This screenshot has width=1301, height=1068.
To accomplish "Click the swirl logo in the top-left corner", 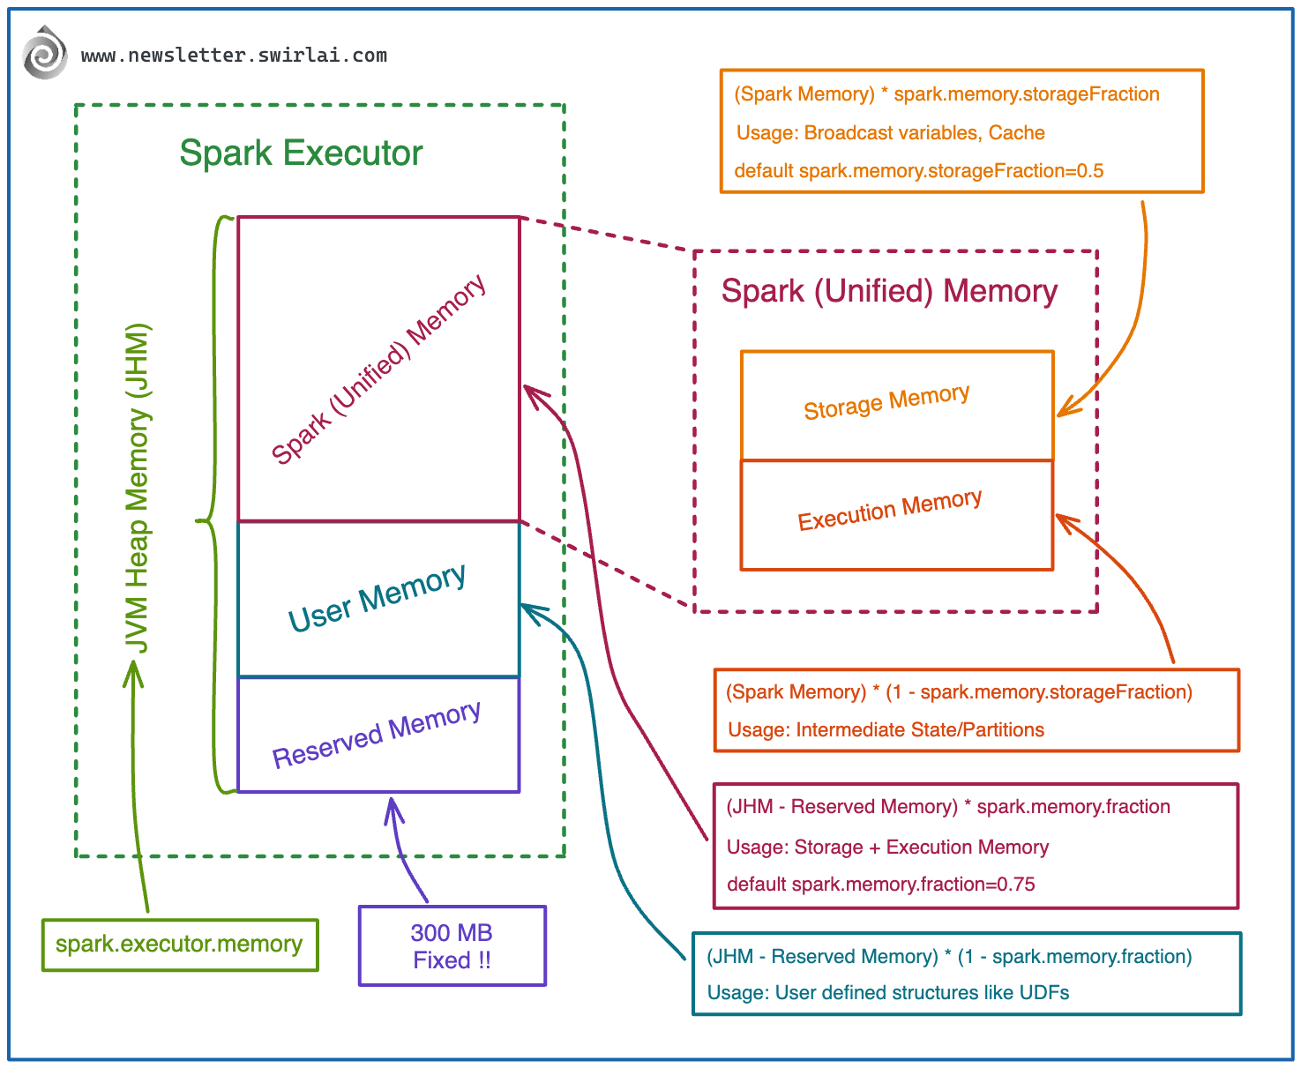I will pos(45,53).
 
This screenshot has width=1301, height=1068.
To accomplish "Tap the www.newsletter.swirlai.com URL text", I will pos(234,56).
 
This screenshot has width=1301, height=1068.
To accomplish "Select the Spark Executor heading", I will pos(301,153).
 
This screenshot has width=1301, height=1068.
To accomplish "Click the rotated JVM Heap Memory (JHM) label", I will pos(137,489).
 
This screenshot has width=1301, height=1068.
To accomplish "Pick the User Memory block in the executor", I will pos(378,599).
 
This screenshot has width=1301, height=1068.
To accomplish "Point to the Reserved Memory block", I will pos(378,735).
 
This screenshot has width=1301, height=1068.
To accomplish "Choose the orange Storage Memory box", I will pos(896,405).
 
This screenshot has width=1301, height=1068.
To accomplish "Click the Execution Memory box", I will pos(896,514).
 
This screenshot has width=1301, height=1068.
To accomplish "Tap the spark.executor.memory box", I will pos(179,945).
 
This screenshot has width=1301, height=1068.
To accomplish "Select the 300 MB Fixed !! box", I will pos(452,946).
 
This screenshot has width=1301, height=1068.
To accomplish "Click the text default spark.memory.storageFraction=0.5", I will pos(918,171).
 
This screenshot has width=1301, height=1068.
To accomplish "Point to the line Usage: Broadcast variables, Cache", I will pos(890,133).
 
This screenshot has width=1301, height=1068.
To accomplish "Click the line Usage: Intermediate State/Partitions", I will pos(886,730).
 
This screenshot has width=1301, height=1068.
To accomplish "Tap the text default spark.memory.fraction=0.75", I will pos(880,885).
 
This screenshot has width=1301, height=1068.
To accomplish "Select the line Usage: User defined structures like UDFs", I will pos(887,993).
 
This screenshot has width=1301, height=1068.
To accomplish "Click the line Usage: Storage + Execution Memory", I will pos(887,848).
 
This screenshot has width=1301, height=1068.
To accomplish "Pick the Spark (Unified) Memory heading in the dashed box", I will pos(889,291).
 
